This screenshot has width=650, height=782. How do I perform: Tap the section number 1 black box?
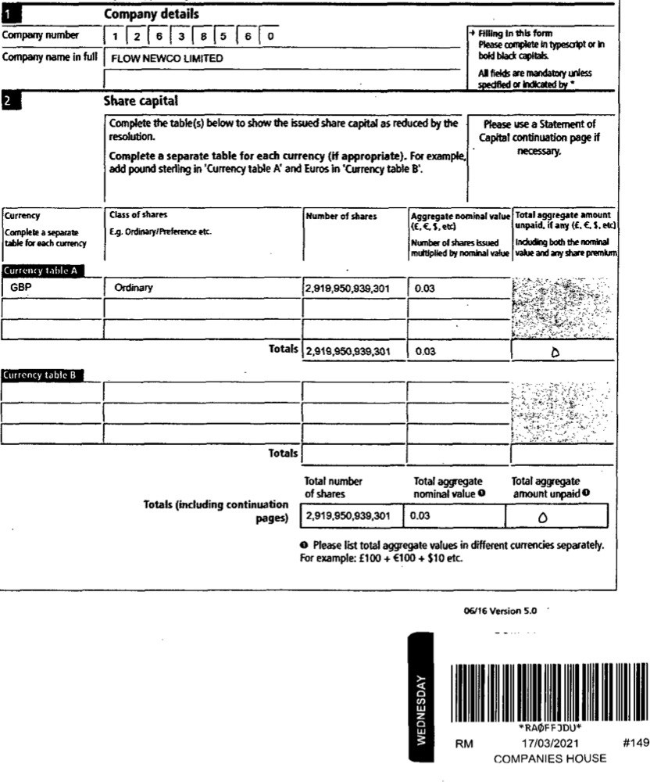pyautogui.click(x=7, y=14)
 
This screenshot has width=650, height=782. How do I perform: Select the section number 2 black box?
pyautogui.click(x=7, y=102)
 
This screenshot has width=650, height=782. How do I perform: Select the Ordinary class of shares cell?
pyautogui.click(x=134, y=288)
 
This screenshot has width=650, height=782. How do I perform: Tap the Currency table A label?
pyautogui.click(x=42, y=270)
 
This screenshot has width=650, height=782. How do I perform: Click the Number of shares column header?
pyautogui.click(x=341, y=215)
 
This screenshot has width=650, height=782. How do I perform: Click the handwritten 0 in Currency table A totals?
pyautogui.click(x=555, y=352)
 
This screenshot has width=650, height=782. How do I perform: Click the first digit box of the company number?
pyautogui.click(x=115, y=36)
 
